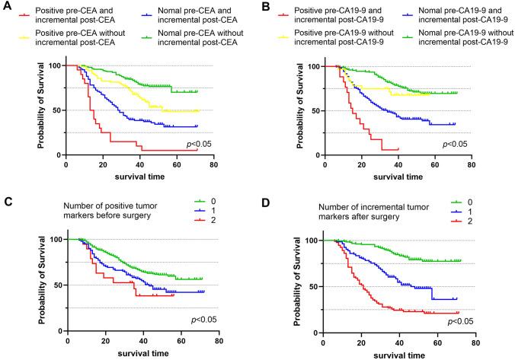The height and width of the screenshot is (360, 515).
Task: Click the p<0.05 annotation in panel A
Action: [x=206, y=145]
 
